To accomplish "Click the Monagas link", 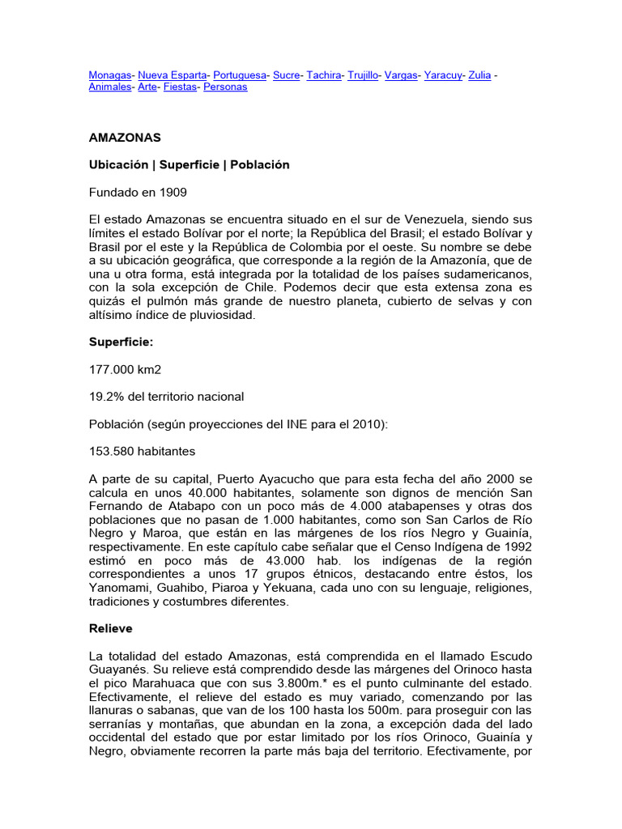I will [x=109, y=75].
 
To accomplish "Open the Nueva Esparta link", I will [x=172, y=75].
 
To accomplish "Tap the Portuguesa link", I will [x=240, y=75].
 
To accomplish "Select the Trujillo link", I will [x=363, y=75].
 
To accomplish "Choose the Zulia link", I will [x=479, y=75].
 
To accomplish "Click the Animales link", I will [x=109, y=87].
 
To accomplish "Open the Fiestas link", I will [x=180, y=87].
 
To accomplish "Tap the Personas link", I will [x=225, y=87].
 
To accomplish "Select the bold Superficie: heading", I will [x=120, y=342].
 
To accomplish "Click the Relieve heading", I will [x=110, y=627].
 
